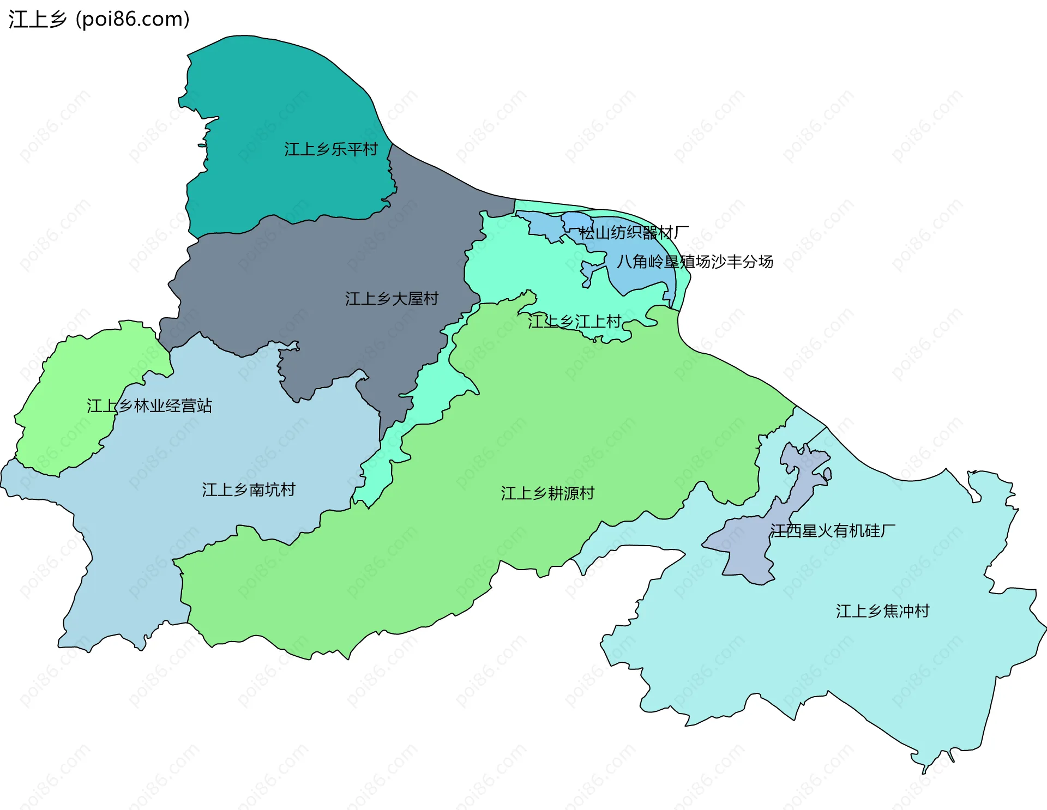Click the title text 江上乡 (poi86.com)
pyautogui.click(x=99, y=19)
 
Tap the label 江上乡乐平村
pyautogui.click(x=330, y=149)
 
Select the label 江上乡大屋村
pyautogui.click(x=392, y=298)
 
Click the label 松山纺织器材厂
pyautogui.click(x=634, y=233)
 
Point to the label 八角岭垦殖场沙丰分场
pyautogui.click(x=695, y=262)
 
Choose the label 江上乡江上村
pyautogui.click(x=575, y=321)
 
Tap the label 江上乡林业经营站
pyautogui.click(x=149, y=406)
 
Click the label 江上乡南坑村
pyautogui.click(x=249, y=489)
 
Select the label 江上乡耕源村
pyautogui.click(x=547, y=493)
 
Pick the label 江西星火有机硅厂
pyautogui.click(x=832, y=530)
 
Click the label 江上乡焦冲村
pyautogui.click(x=882, y=610)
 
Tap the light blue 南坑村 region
pyautogui.click(x=164, y=523)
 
